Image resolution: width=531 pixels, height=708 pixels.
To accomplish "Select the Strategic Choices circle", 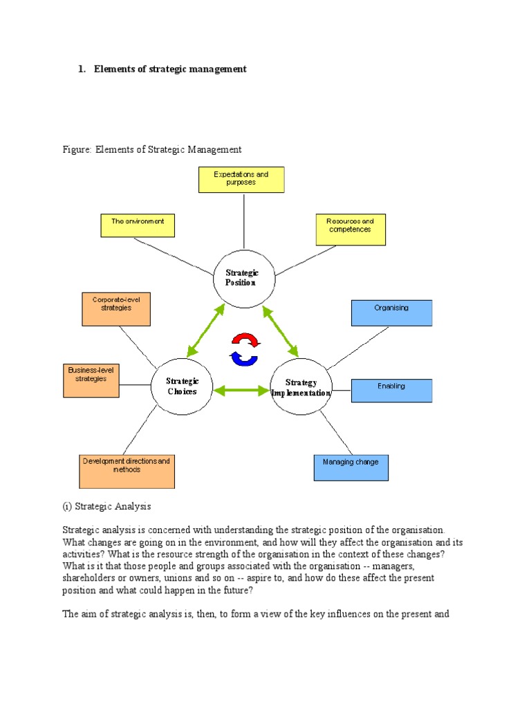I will tap(182, 386).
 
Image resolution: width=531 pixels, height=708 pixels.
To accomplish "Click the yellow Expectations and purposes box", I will tap(241, 180).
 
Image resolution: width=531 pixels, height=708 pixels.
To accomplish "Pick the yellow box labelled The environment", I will tap(138, 225).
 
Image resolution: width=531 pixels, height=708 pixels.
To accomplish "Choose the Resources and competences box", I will tap(351, 230).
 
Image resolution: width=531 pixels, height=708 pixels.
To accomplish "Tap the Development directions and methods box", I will tap(127, 471).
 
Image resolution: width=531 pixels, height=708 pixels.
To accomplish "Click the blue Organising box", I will tap(391, 313).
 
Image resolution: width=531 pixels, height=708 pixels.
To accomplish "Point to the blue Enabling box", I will tap(391, 390).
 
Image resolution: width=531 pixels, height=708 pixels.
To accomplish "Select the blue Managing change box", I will tap(351, 467).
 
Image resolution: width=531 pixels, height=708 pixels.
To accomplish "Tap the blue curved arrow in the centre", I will tap(243, 357).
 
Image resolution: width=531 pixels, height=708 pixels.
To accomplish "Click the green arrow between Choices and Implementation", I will tap(241, 391).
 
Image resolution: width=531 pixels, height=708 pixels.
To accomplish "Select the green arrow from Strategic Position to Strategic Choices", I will tap(205, 330).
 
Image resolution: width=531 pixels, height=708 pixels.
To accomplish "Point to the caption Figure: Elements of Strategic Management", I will tap(152, 149).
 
